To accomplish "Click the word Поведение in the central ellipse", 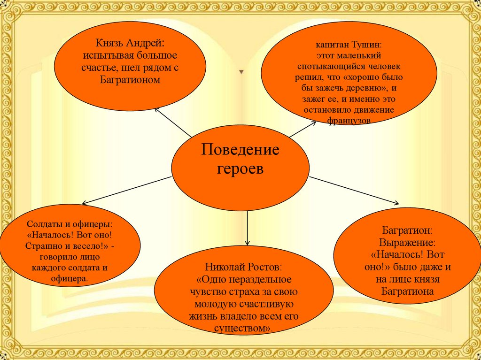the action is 240,151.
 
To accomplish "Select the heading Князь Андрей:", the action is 130,43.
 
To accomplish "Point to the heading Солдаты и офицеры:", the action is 70,224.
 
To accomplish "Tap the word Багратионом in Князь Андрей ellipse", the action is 130,80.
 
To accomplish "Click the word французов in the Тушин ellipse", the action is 349,121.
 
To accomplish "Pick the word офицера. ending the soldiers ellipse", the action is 70,279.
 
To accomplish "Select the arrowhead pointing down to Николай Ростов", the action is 247,243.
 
